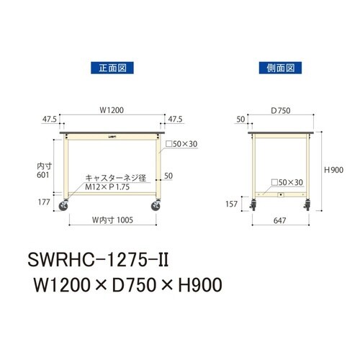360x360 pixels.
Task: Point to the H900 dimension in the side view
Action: coord(333,170)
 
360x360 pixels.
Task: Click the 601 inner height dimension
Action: coord(45,174)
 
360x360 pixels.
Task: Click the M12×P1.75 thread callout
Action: coord(106,186)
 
